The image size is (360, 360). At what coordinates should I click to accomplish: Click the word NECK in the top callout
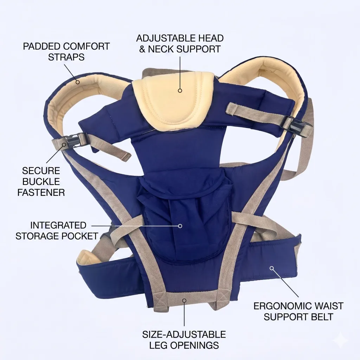coord(162,49)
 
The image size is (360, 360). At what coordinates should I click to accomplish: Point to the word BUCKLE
coord(41,182)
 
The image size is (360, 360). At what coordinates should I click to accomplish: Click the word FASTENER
coord(41,192)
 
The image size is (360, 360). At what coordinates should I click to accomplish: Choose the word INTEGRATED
coord(58,225)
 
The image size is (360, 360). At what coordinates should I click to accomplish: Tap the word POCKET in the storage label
coord(81,236)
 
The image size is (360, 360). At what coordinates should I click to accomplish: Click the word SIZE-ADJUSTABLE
coord(184,335)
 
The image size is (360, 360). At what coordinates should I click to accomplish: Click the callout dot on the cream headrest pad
coord(180,90)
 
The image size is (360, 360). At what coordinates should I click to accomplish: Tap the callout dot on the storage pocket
coord(180,226)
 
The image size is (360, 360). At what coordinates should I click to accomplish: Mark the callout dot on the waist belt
coord(272,268)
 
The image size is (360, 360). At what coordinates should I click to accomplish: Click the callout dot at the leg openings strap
coord(184,300)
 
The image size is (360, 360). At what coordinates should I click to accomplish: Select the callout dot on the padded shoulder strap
coord(78,82)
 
